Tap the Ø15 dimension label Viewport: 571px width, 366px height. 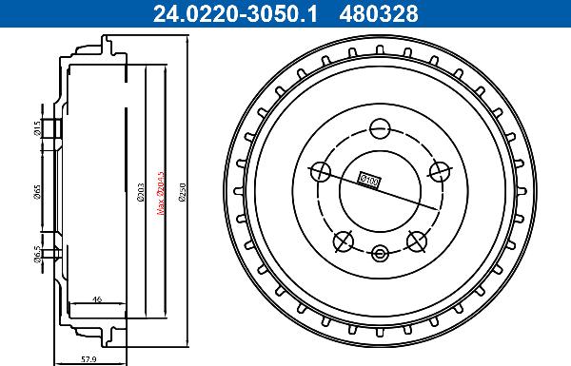coord(34,127)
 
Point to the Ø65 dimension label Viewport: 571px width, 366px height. coord(34,193)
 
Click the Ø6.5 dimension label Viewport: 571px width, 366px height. coord(34,254)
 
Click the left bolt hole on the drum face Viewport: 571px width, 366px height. coord(321,171)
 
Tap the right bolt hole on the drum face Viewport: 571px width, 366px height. coord(439,171)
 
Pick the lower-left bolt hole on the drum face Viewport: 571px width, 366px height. coord(344,241)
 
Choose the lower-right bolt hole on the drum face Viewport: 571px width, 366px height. coord(416,241)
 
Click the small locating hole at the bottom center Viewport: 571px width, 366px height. coord(380,253)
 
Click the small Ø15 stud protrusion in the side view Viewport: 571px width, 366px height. coord(55,128)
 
